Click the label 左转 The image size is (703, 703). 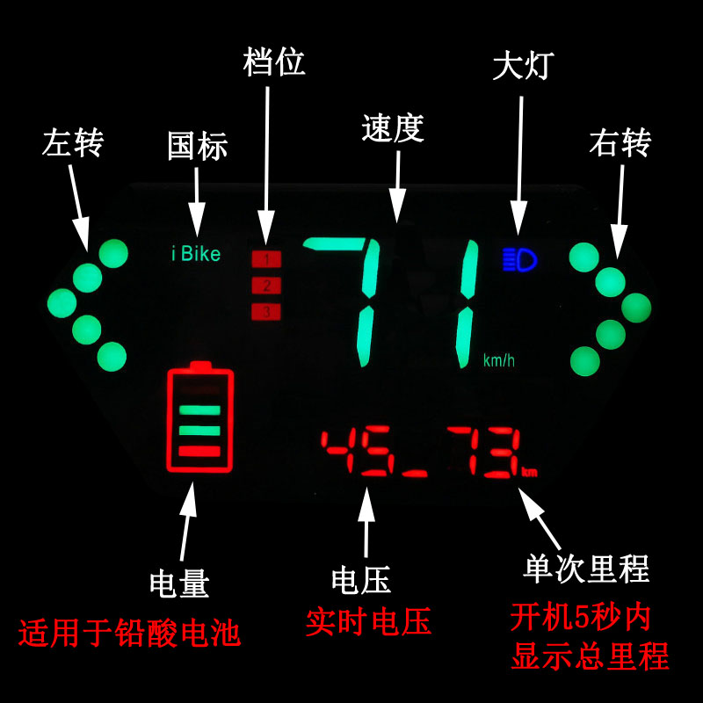pyautogui.click(x=72, y=142)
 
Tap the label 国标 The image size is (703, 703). pyautogui.click(x=198, y=146)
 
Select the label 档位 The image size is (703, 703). pyautogui.click(x=274, y=63)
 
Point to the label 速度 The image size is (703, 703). pyautogui.click(x=393, y=129)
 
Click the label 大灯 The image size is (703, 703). pyautogui.click(x=525, y=63)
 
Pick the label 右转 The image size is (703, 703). pyautogui.click(x=620, y=142)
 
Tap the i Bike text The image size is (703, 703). pyautogui.click(x=195, y=255)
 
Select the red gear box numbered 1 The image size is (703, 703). pyautogui.click(x=266, y=259)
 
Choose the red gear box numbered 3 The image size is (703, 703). pyautogui.click(x=266, y=311)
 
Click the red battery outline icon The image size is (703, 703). pyautogui.click(x=200, y=419)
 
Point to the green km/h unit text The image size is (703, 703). pyautogui.click(x=499, y=361)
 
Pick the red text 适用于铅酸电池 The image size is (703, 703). pyautogui.click(x=129, y=631)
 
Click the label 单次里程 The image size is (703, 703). pyautogui.click(x=585, y=569)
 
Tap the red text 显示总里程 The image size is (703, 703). pyautogui.click(x=591, y=656)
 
